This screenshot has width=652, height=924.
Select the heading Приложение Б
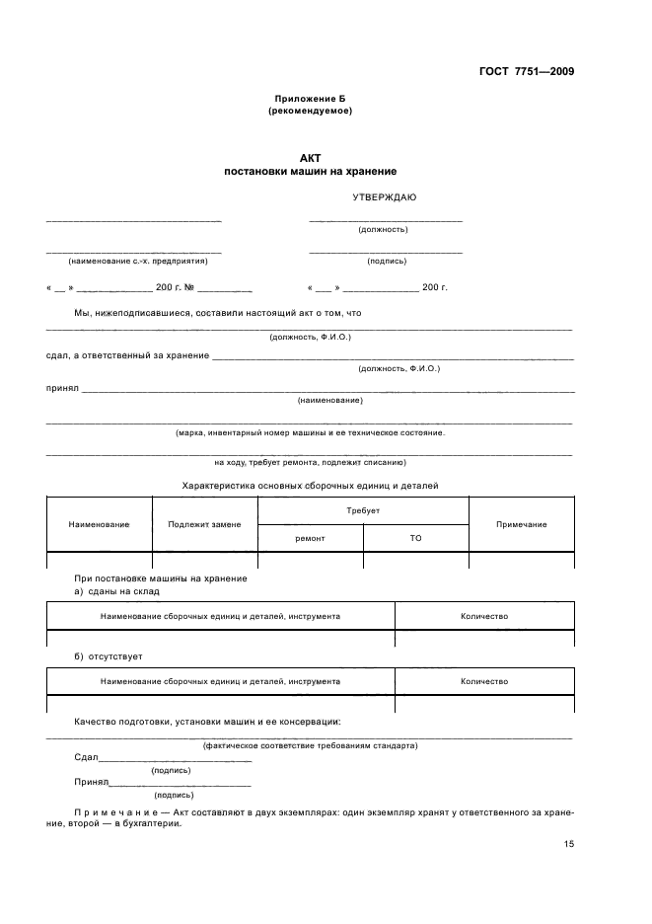pos(310,99)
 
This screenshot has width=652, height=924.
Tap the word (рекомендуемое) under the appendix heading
pos(310,111)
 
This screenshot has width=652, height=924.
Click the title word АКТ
pos(310,158)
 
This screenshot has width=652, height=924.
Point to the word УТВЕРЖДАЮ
pos(384,197)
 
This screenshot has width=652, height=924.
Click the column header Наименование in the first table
pos(99,524)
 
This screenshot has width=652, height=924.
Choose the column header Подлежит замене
pos(204,524)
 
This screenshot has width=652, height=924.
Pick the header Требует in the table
pos(363,510)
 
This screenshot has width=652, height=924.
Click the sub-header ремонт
pos(310,538)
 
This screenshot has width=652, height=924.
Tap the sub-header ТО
pos(415,538)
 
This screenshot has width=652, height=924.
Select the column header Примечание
pos(521,524)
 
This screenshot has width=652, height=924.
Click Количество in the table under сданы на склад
pos(483,616)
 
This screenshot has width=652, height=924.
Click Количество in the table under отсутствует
pos(483,681)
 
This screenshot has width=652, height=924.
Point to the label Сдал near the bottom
pos(86,758)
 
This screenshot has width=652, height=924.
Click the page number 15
pos(568,843)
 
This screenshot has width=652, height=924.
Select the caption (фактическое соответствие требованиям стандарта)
pos(309,745)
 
